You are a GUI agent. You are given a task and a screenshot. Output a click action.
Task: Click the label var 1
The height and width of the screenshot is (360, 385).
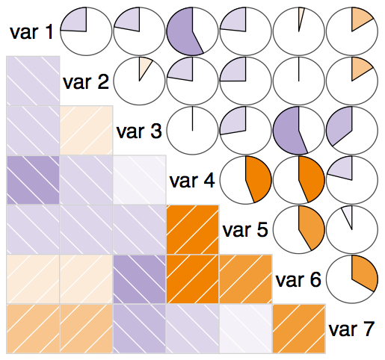[31, 32]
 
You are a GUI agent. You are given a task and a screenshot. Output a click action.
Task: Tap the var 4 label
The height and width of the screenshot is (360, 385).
[192, 181]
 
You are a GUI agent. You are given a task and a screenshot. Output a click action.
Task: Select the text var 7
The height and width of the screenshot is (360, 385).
[351, 329]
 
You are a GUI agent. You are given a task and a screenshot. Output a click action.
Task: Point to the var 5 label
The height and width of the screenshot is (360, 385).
[245, 230]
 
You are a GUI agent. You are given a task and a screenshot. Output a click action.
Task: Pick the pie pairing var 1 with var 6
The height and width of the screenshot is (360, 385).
[299, 31]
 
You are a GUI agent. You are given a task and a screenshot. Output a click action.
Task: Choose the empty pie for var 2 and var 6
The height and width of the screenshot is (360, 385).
[299, 81]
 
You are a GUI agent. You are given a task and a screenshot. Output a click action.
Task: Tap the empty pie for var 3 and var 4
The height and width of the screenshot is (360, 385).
[192, 131]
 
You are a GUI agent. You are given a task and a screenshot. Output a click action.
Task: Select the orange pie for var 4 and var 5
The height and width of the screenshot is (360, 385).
[246, 180]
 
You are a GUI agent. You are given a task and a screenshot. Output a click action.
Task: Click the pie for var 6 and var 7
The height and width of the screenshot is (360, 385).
[352, 279]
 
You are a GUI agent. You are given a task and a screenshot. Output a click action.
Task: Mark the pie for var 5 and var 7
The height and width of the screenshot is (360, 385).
[352, 229]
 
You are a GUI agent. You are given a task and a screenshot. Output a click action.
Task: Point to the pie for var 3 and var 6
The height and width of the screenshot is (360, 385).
[299, 131]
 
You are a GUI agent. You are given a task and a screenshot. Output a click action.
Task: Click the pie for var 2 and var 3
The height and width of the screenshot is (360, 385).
[139, 81]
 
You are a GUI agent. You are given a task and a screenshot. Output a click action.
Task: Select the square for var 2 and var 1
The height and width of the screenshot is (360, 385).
[33, 81]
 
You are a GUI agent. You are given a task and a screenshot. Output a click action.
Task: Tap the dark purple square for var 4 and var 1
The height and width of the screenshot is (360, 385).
[33, 180]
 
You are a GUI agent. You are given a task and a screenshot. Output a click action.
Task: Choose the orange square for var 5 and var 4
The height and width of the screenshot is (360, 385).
[193, 229]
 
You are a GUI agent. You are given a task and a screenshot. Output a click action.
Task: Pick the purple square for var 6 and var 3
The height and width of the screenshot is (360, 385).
[139, 279]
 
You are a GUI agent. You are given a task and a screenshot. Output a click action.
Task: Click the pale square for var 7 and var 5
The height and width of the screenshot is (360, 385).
[246, 329]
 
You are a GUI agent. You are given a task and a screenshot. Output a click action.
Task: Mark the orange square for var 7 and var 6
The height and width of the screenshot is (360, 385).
[299, 329]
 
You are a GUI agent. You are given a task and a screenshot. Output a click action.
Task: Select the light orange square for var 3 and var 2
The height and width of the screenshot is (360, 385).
[86, 131]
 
